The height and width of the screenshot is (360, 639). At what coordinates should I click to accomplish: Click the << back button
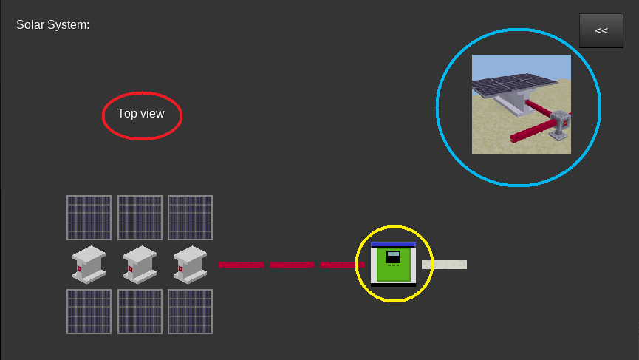coord(601,30)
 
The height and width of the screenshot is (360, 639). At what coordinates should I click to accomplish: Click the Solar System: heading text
coord(53,25)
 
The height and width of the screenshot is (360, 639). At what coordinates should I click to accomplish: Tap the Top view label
coord(141,113)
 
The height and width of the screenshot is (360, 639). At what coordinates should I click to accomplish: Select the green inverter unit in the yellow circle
coord(393,264)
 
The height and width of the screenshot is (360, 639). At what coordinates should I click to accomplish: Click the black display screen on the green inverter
coord(393,257)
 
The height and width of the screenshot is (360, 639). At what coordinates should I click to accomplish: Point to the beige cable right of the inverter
coord(444,265)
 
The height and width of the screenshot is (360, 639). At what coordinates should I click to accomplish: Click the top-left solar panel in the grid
coord(89,218)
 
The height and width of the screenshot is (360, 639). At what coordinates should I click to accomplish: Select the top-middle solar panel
coord(140,218)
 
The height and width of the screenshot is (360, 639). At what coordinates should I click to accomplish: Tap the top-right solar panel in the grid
coord(191,218)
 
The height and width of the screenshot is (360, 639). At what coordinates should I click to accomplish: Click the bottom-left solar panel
coord(89,311)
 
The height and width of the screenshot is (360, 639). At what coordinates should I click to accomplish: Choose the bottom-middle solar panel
coord(140,311)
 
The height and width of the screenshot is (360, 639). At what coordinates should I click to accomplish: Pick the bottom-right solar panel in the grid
coord(191,311)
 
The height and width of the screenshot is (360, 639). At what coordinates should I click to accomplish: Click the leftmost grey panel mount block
coord(89,265)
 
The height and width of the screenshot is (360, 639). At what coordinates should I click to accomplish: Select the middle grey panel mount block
coord(140,265)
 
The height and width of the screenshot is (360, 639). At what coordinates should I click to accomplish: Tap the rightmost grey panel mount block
coord(191,265)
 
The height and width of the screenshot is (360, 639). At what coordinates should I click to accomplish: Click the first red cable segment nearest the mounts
coord(241,265)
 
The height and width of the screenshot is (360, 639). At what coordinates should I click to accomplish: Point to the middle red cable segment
coord(292,265)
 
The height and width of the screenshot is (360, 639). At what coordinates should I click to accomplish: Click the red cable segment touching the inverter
coord(342,265)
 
